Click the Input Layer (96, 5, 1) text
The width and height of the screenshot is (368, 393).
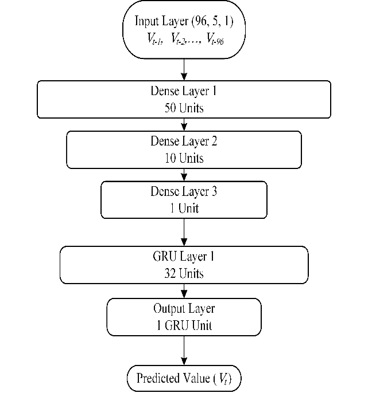(184, 21)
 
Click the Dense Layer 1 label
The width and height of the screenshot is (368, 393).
(184, 91)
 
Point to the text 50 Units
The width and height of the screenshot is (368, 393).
(184, 108)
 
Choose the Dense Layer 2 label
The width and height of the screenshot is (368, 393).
(184, 141)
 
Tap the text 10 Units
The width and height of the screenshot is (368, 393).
(184, 158)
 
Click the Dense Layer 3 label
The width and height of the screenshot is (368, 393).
(184, 191)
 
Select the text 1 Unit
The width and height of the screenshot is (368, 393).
(184, 208)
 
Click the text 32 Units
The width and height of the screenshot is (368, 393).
(184, 274)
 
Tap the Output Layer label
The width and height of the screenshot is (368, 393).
(184, 308)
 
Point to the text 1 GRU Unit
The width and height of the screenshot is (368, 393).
(184, 325)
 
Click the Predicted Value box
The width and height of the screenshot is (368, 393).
(184, 378)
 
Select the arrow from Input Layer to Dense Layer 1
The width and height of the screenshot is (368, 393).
(184, 69)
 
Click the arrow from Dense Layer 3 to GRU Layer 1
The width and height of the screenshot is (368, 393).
(184, 232)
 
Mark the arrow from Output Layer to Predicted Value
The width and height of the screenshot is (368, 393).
(184, 351)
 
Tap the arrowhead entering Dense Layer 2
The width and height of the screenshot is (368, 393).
(184, 128)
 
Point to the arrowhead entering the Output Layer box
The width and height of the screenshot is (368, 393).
(184, 296)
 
